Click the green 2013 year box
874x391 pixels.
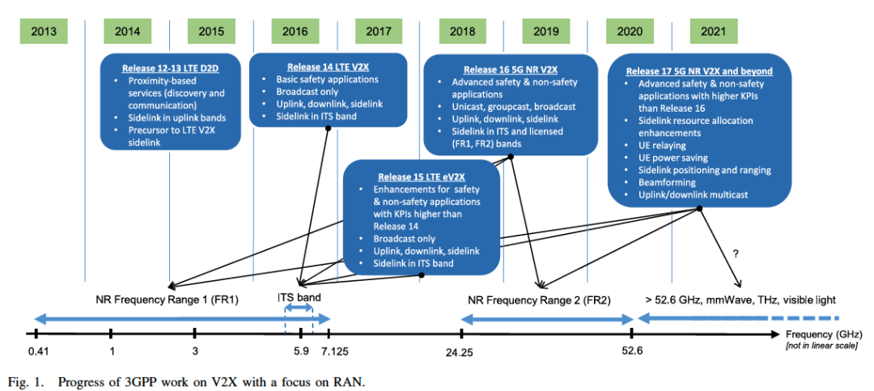[x=44, y=32]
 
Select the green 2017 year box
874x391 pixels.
[x=377, y=32]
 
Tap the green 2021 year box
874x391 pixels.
[x=713, y=32]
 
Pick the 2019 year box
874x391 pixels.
[x=545, y=32]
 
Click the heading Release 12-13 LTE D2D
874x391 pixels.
[x=170, y=68]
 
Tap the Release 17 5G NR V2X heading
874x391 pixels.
[x=700, y=70]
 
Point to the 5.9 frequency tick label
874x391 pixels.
[x=300, y=351]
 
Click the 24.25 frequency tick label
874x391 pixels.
[x=459, y=351]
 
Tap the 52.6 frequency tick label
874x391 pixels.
[x=631, y=351]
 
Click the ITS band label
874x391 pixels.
[x=299, y=297]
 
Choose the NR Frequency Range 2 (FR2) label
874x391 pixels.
[x=539, y=300]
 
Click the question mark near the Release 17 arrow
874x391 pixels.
[x=735, y=253]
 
